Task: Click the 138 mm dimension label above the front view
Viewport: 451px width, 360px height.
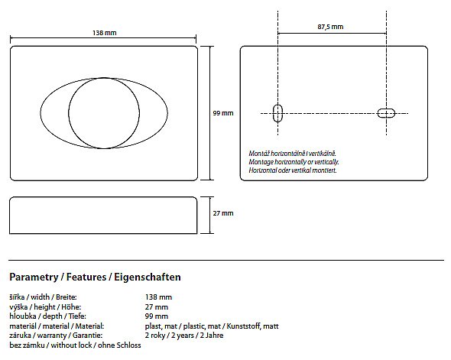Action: [105, 33]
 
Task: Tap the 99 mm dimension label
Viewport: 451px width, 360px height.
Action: [223, 113]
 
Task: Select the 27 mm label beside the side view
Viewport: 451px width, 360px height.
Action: [223, 213]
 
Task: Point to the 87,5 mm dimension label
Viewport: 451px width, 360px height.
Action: [330, 27]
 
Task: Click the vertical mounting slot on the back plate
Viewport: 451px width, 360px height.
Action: [277, 113]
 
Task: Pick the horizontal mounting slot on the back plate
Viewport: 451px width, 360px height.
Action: [386, 113]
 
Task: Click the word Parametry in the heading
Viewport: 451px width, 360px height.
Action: [34, 277]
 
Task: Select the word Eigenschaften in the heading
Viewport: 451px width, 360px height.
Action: [148, 277]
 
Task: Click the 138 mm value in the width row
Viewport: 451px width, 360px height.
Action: [158, 297]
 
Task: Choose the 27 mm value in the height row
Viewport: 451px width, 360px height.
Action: [157, 306]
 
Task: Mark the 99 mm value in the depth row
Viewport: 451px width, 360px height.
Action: [157, 316]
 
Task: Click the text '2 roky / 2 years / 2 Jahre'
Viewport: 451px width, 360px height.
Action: [184, 336]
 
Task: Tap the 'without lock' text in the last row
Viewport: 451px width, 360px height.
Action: [71, 345]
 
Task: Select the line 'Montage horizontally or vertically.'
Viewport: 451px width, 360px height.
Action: [294, 162]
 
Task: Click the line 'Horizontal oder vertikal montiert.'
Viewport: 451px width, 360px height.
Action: [293, 170]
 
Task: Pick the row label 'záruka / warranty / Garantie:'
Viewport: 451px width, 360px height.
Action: [56, 336]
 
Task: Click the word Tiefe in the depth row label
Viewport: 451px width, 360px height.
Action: [77, 316]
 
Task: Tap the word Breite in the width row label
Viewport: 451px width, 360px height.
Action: [67, 297]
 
